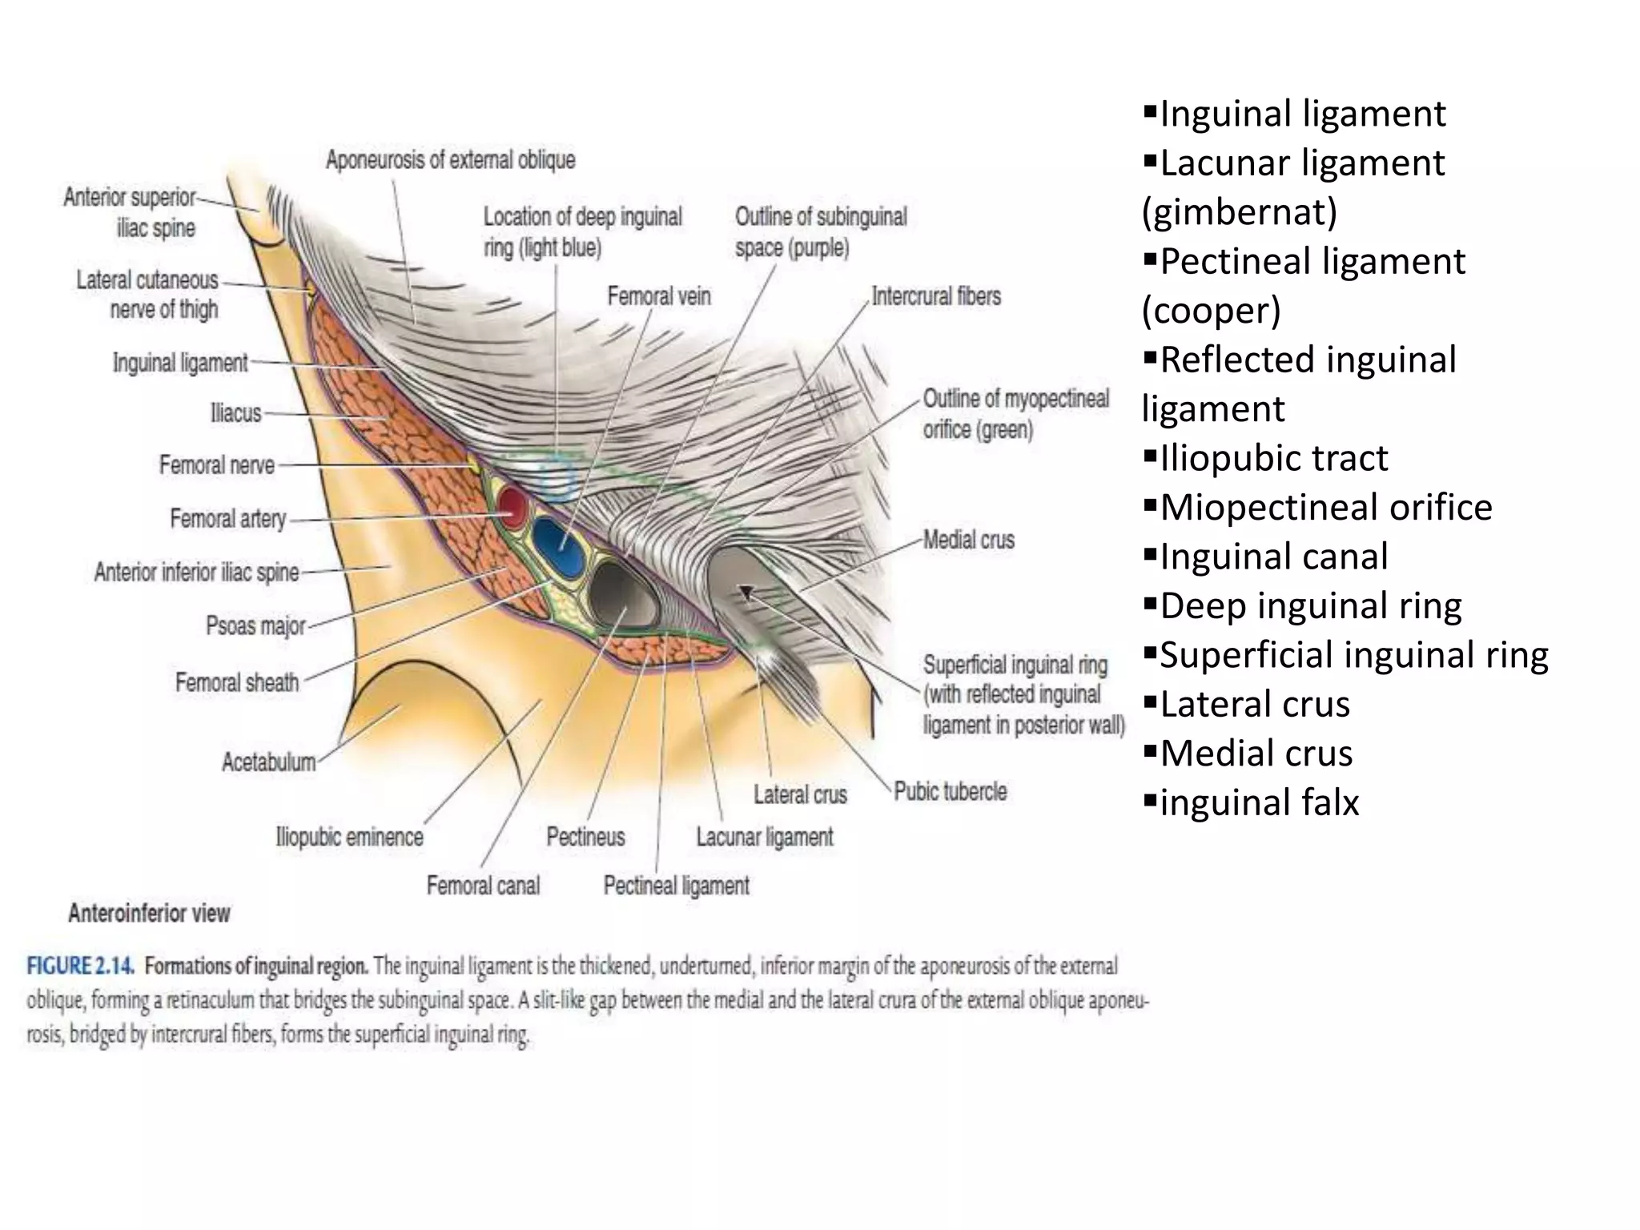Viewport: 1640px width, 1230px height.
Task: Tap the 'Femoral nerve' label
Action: (x=216, y=465)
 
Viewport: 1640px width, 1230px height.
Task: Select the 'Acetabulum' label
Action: (x=268, y=762)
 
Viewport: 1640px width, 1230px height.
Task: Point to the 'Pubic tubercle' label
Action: (x=950, y=792)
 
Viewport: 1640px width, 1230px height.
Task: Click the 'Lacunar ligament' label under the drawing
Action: (x=764, y=838)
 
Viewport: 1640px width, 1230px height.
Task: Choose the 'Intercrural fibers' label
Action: (x=936, y=296)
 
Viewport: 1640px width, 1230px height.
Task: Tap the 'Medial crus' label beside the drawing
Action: (x=968, y=541)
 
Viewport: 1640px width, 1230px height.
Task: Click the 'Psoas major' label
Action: (x=255, y=625)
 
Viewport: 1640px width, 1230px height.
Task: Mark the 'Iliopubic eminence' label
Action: (x=349, y=838)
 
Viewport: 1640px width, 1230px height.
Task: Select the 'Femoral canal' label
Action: (x=483, y=886)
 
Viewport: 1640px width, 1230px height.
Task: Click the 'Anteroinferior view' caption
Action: (x=149, y=914)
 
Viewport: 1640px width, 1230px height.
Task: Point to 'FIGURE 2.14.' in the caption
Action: (x=80, y=967)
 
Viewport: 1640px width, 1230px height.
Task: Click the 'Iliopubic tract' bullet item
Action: (x=1273, y=459)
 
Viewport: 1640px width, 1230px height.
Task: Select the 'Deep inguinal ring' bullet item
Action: (x=1310, y=606)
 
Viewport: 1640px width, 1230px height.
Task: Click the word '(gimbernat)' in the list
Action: (x=1240, y=212)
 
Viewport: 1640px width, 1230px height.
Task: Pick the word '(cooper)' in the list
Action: (x=1211, y=311)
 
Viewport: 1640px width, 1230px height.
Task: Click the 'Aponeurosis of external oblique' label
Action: (x=450, y=160)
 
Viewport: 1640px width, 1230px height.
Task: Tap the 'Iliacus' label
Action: (x=235, y=414)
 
